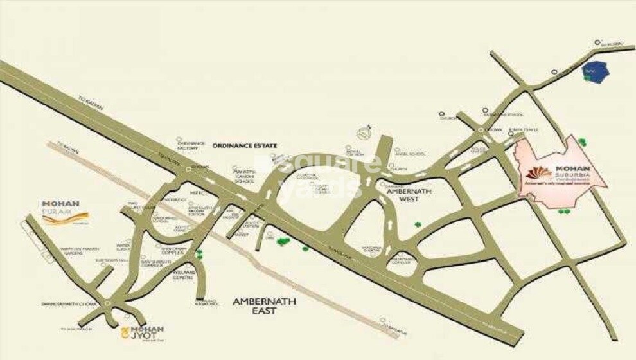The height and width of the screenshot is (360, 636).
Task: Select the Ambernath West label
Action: click(402, 195)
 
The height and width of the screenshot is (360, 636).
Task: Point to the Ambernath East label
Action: click(254, 305)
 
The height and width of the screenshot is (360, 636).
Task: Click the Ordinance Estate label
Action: click(245, 146)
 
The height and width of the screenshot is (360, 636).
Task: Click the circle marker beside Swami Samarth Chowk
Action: click(107, 301)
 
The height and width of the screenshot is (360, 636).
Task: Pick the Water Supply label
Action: click(123, 246)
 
